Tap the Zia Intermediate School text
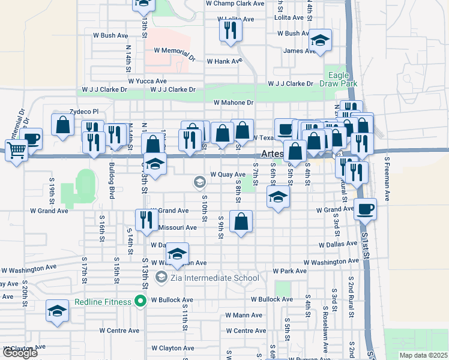click(214, 278)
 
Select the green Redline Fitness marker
click(141, 302)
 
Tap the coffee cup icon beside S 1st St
click(365, 209)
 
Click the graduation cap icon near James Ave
click(320, 40)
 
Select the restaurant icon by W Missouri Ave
click(146, 220)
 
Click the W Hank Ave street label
click(224, 61)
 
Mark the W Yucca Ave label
click(147, 81)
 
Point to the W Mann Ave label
click(244, 315)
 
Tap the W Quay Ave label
click(228, 175)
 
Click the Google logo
click(19, 353)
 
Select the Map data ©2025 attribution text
click(423, 355)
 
